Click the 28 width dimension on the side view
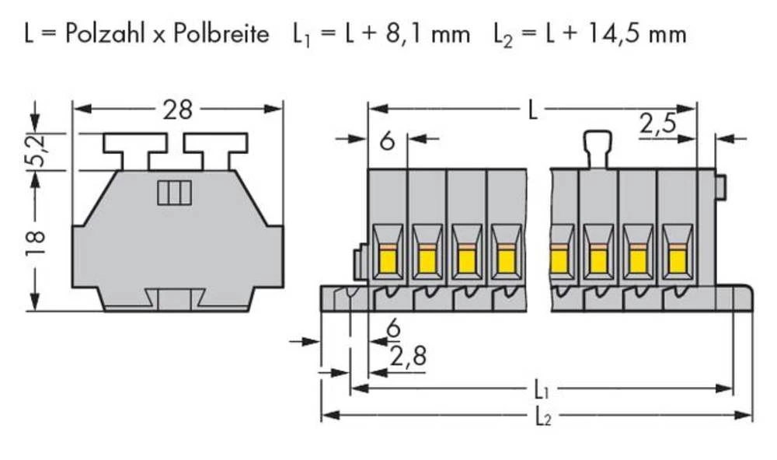(x=177, y=110)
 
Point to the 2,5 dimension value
(x=657, y=124)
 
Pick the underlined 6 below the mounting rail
(x=393, y=330)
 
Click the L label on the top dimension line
(x=531, y=110)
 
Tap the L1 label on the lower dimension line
(x=542, y=388)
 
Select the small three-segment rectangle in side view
(x=173, y=192)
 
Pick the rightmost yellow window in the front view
(x=677, y=260)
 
